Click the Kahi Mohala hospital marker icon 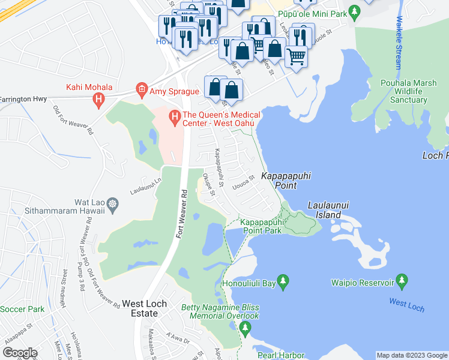100,101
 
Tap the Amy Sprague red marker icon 142,90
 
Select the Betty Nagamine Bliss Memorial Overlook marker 244,328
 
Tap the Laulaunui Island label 329,209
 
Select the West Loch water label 406,305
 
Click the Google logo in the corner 20,352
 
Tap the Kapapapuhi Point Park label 261,226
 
